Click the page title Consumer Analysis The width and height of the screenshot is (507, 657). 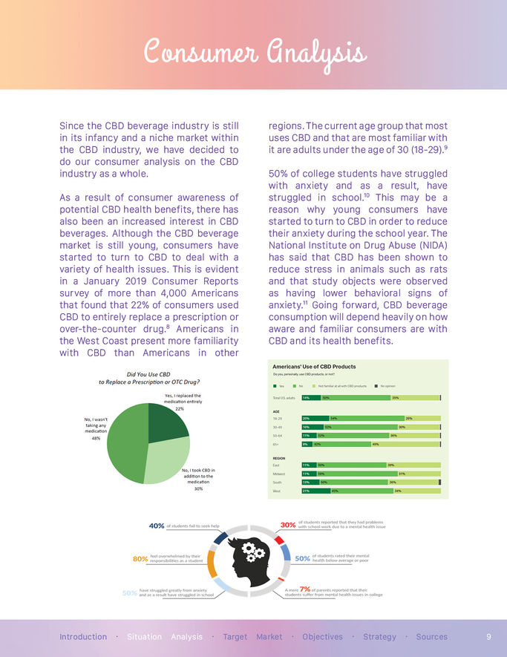coord(253,53)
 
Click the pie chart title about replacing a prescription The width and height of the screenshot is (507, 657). coord(149,378)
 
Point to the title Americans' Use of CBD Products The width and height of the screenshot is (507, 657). coord(315,367)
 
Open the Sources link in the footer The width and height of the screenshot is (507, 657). coord(431,637)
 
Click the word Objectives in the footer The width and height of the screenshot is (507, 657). coord(322,637)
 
